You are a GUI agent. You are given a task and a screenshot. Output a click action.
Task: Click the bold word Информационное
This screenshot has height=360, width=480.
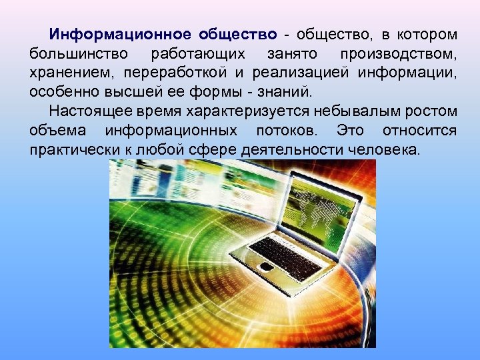(117, 34)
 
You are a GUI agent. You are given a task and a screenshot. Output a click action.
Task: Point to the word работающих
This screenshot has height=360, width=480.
(198, 53)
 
